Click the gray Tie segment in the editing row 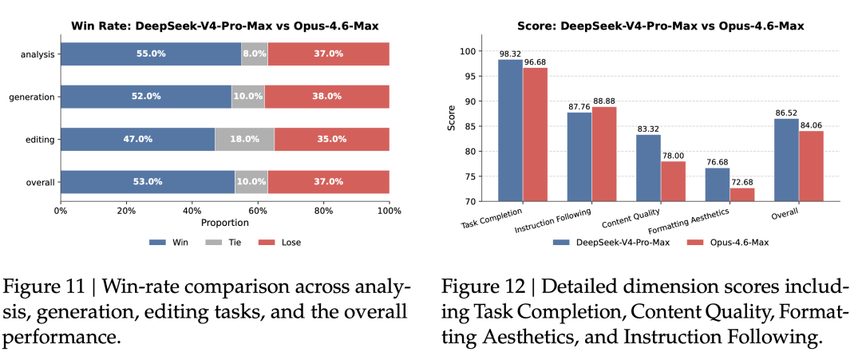[x=245, y=139]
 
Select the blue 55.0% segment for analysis [x=151, y=53]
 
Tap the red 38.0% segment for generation [x=327, y=96]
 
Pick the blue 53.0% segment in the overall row [x=148, y=182]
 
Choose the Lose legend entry [x=281, y=242]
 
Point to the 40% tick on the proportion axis [x=192, y=211]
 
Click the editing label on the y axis [x=40, y=140]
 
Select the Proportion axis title [x=225, y=223]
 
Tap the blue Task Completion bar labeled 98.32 [x=510, y=130]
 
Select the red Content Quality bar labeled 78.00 [x=673, y=181]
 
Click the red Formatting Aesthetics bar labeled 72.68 [x=742, y=195]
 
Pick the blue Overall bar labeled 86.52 [x=786, y=160]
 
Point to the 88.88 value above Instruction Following [x=604, y=101]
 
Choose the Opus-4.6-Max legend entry [x=722, y=243]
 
